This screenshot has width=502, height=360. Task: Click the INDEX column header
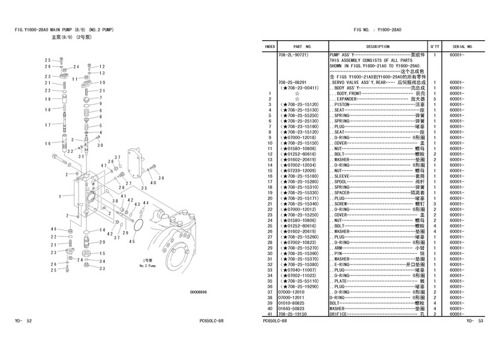pyautogui.click(x=270, y=46)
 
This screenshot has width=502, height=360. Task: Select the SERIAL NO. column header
pyautogui.click(x=462, y=46)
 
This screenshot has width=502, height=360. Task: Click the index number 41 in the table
pyautogui.click(x=270, y=314)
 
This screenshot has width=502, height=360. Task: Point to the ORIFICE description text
pyautogui.click(x=339, y=314)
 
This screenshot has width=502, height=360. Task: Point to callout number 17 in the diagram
pyautogui.click(x=46, y=124)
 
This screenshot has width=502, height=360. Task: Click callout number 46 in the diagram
pyautogui.click(x=53, y=229)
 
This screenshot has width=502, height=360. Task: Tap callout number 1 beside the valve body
pyautogui.click(x=61, y=196)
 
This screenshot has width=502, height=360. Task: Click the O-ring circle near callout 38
pyautogui.click(x=136, y=226)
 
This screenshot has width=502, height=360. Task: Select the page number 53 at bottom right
pyautogui.click(x=480, y=322)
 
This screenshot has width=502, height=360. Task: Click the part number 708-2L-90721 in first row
pyautogui.click(x=293, y=54)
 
